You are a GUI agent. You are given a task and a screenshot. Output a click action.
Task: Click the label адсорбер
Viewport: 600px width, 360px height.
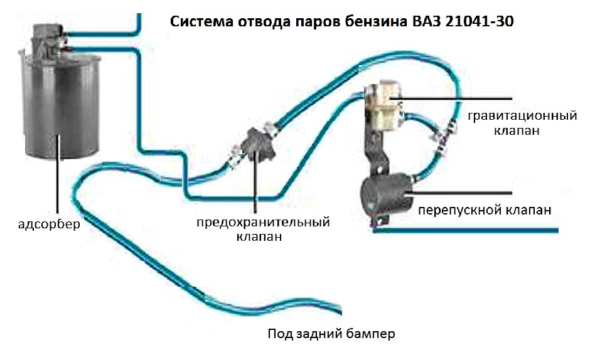pos(49,224)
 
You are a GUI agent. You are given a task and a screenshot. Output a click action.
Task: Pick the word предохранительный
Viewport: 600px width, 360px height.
pos(263,222)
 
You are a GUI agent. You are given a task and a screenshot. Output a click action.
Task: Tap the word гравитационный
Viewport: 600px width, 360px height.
pos(522,116)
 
